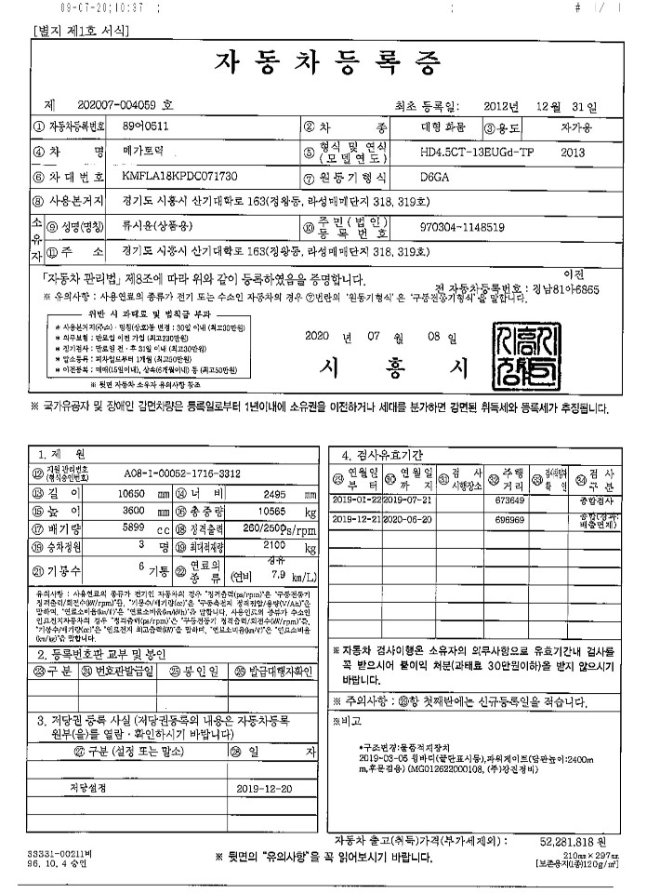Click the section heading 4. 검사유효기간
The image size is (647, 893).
pyautogui.click(x=382, y=455)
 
